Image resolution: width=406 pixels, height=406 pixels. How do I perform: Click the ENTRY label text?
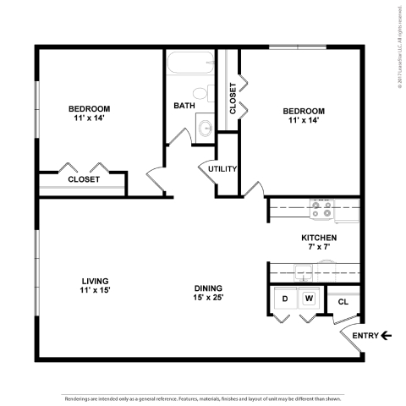(x=365, y=336)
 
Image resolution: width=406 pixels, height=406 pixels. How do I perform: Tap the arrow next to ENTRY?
(x=387, y=336)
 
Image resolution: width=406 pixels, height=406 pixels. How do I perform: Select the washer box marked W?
(x=310, y=299)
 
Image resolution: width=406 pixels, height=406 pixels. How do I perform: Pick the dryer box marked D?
(x=285, y=299)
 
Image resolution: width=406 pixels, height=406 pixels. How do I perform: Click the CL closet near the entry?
(x=343, y=302)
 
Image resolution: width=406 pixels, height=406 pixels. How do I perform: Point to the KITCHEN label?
(x=319, y=238)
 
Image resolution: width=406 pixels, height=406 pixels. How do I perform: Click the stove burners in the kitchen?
(x=321, y=206)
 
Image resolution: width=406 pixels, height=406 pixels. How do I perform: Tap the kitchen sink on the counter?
(x=304, y=271)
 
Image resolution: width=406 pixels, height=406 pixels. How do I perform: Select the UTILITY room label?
(x=222, y=168)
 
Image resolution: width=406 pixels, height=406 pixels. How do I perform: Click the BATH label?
(x=184, y=106)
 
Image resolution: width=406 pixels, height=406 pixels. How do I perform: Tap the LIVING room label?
(x=95, y=281)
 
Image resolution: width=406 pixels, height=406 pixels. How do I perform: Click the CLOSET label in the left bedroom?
(x=84, y=179)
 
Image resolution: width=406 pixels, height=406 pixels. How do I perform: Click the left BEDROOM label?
(x=89, y=109)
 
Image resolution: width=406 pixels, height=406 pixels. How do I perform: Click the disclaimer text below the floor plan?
(x=203, y=397)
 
